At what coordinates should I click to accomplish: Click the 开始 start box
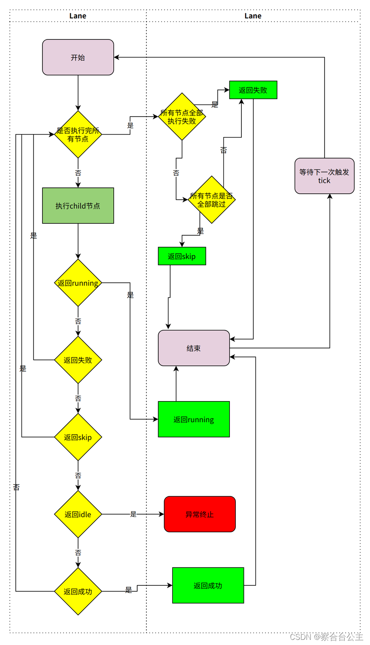point(78,57)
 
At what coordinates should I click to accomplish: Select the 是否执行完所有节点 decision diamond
point(78,134)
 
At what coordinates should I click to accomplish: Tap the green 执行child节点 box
point(78,206)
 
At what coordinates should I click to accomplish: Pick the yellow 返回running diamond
point(78,283)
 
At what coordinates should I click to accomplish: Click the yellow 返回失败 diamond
point(78,360)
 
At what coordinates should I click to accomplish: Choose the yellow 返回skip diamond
point(78,437)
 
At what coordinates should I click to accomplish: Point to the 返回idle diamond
point(78,514)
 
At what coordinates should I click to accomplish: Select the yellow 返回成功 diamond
point(78,591)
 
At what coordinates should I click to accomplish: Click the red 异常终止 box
point(200,514)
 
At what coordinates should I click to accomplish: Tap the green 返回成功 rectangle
point(208,585)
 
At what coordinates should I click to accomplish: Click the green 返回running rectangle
point(194,419)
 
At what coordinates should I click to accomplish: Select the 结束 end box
point(194,348)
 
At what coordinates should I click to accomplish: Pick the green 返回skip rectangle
point(182,256)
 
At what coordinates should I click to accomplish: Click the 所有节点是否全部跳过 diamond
point(211,200)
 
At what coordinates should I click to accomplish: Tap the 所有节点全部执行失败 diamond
point(182,117)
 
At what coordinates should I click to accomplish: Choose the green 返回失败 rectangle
point(253,90)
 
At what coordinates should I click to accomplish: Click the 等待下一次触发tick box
point(325,176)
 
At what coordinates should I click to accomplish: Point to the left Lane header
point(78,16)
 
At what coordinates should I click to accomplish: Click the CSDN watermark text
point(326,637)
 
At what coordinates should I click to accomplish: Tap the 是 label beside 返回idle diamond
point(133,514)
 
